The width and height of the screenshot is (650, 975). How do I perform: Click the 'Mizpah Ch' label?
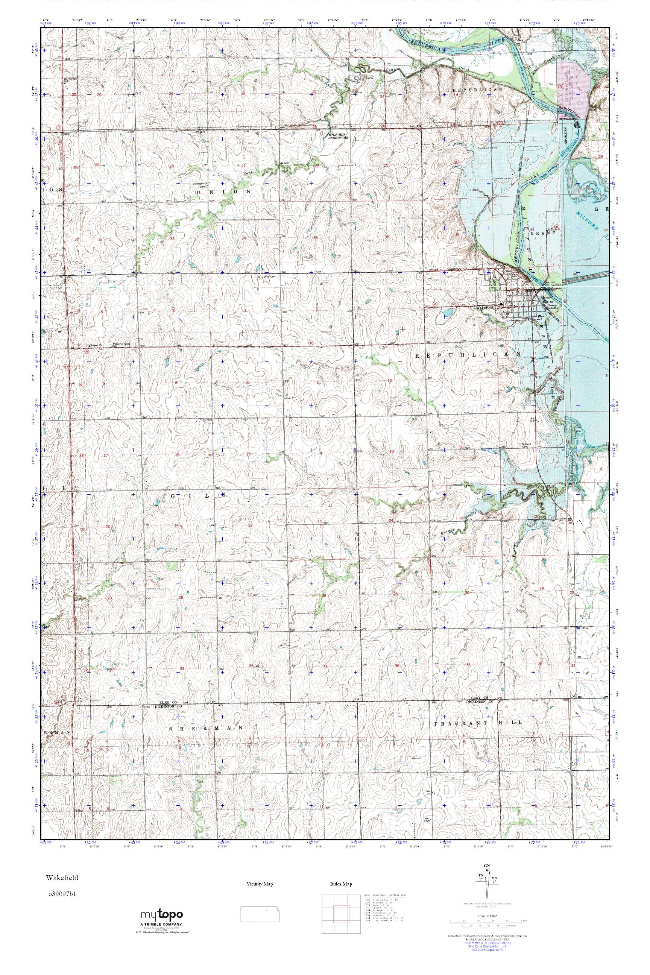tap(90, 345)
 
